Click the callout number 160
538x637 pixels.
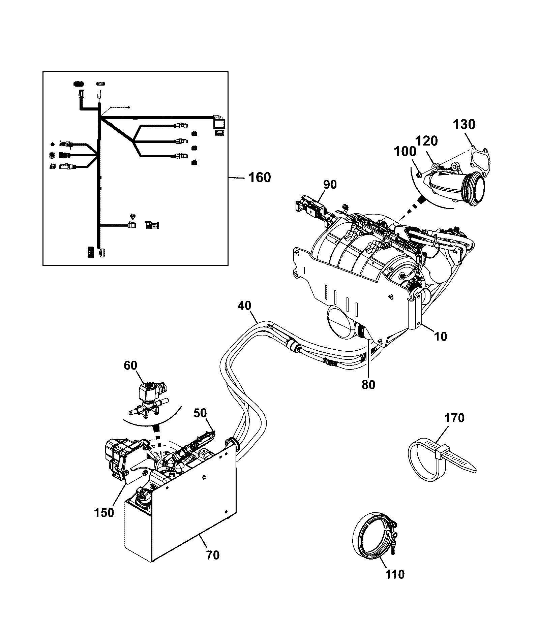(x=260, y=177)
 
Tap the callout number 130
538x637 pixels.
(x=464, y=125)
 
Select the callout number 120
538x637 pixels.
(x=426, y=141)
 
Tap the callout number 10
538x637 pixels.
(x=440, y=336)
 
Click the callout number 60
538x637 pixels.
(x=130, y=365)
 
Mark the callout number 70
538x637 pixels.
(x=213, y=555)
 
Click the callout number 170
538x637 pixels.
(x=454, y=418)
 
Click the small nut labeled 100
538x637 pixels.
(x=418, y=174)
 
